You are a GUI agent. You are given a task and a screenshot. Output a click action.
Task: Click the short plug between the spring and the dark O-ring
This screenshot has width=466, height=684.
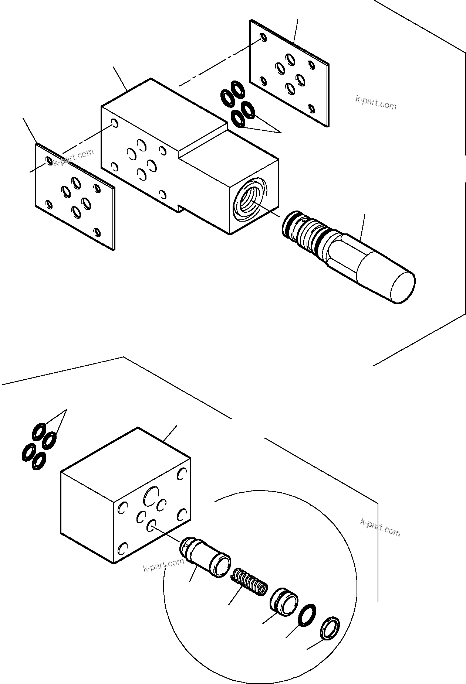tap(284, 602)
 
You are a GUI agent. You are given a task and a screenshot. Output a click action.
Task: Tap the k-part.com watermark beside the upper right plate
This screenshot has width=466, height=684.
tap(376, 103)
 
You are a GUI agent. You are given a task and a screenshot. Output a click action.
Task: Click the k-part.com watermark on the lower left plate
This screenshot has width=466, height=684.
tap(74, 158)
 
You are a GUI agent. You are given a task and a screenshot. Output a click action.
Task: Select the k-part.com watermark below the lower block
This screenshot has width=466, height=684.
tap(163, 565)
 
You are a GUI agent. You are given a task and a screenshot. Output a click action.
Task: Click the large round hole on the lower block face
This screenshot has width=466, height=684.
tap(151, 496)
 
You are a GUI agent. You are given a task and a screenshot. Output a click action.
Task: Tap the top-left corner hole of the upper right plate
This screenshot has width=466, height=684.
tap(263, 37)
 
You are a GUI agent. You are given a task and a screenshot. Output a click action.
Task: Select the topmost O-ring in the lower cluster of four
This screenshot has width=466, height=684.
tap(38, 431)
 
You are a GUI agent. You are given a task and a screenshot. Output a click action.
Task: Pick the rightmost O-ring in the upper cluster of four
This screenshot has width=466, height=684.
tap(248, 110)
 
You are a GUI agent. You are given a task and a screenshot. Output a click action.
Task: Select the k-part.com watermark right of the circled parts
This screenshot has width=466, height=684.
tap(380, 527)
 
